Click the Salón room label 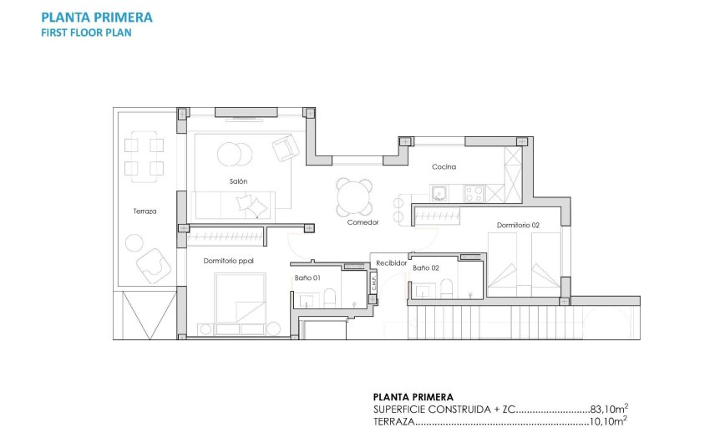point(239,181)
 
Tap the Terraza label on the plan point(144,211)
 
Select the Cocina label point(444,166)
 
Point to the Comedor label point(363,222)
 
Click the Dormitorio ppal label point(228,261)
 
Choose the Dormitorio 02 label point(519,225)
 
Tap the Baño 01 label point(307,276)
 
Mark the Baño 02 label point(426,267)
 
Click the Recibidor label point(391,262)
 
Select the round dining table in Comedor point(355,197)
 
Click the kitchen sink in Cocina point(439,194)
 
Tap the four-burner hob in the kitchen point(474,193)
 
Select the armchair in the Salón point(285,149)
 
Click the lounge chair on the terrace point(155,266)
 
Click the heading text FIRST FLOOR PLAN point(86,33)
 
